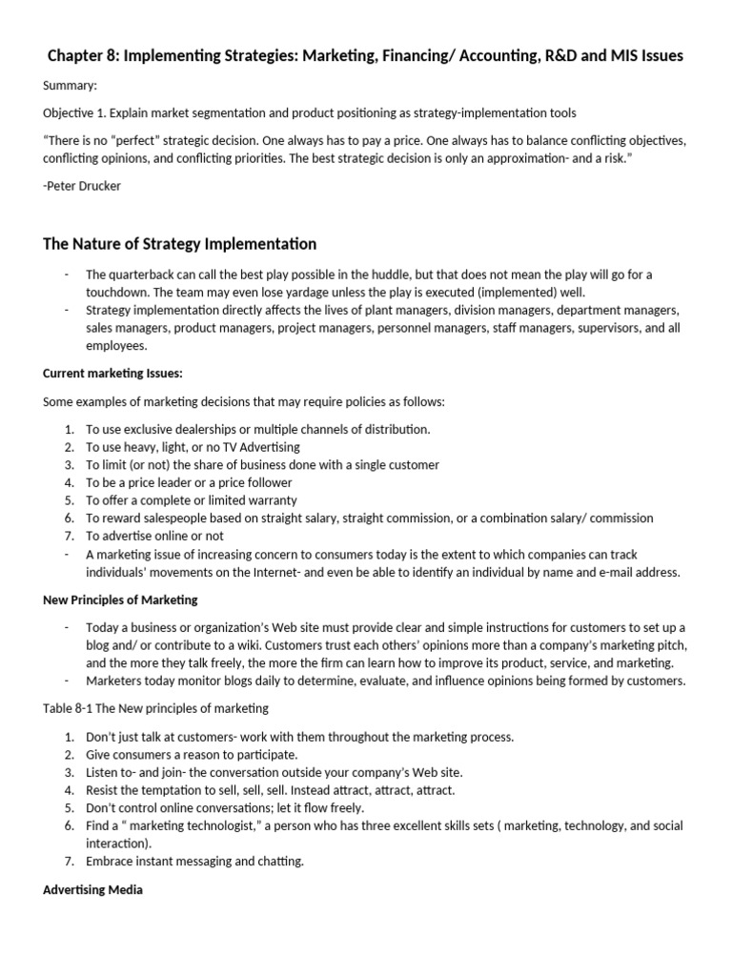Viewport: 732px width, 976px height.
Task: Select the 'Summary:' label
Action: point(71,86)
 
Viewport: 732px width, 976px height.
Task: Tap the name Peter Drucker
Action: point(85,185)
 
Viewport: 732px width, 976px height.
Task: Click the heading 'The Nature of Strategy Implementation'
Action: point(180,245)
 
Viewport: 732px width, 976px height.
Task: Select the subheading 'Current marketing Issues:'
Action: point(112,373)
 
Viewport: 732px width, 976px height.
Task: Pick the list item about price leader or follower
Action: point(189,482)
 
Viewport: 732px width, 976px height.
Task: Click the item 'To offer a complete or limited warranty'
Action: point(191,500)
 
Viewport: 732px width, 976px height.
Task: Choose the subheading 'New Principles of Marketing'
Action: point(120,600)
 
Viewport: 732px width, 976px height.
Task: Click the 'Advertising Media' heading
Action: point(92,890)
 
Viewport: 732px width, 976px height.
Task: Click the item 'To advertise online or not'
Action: point(158,537)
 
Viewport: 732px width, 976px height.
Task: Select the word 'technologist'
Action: point(213,825)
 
